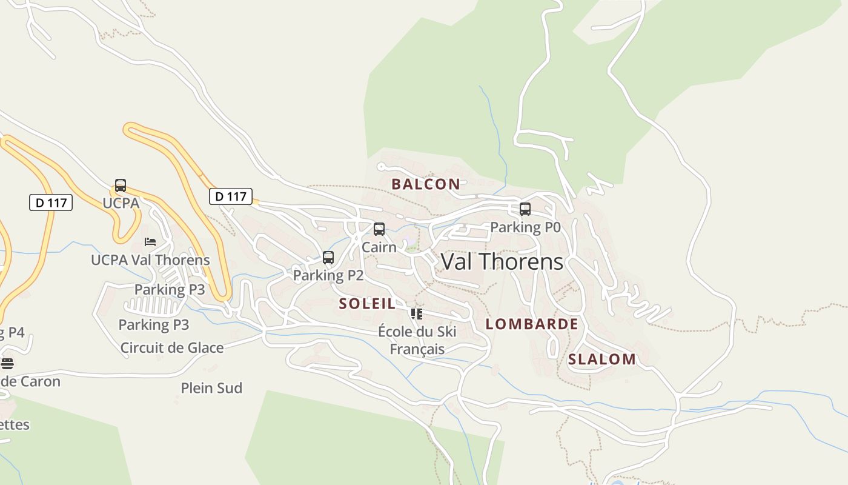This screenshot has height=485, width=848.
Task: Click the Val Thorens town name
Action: click(502, 262)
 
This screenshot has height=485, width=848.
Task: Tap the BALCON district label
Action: click(425, 184)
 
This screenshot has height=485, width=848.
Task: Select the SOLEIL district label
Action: click(367, 304)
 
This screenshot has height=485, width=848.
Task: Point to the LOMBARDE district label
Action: click(531, 324)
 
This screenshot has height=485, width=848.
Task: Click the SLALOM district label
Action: click(601, 360)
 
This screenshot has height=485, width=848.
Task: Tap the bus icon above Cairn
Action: click(379, 229)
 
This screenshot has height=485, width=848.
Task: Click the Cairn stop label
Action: click(379, 247)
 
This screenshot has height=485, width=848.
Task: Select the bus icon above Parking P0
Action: click(525, 209)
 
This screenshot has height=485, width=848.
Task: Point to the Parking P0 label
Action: click(525, 227)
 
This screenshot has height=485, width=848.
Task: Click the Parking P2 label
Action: click(328, 276)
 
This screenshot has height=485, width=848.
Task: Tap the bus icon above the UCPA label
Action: click(121, 186)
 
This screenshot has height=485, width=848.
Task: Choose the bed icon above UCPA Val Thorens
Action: click(150, 242)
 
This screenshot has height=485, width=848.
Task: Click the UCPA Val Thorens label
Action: click(150, 260)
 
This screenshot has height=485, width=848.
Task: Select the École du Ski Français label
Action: click(417, 340)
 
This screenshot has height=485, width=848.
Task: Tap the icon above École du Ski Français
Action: click(417, 313)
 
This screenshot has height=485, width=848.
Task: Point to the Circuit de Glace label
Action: click(172, 348)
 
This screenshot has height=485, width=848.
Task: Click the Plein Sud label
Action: click(211, 388)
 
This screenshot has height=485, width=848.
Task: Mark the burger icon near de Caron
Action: click(7, 364)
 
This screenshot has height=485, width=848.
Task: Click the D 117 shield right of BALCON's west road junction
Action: click(231, 196)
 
